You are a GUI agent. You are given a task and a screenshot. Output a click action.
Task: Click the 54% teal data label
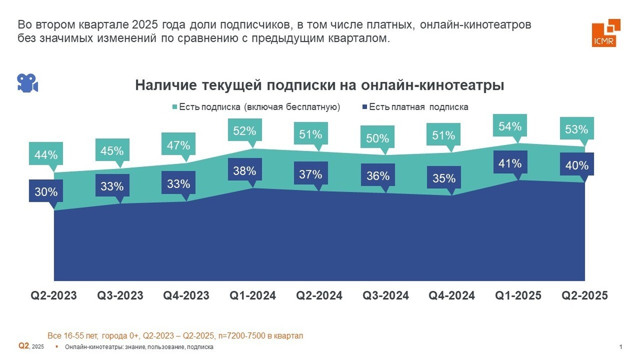[x=510, y=127]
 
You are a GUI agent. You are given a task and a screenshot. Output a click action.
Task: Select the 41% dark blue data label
[x=510, y=163]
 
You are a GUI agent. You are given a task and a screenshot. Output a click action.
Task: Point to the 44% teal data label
[x=46, y=156]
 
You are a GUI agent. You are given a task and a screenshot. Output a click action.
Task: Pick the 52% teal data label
[x=245, y=130]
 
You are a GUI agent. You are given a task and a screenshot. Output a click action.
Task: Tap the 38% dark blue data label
[x=245, y=171]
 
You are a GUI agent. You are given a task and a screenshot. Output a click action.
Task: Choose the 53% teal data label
[x=576, y=130]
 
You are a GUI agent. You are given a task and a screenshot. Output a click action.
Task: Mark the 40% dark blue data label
[x=576, y=166]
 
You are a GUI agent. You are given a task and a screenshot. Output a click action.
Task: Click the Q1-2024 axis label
[x=252, y=295]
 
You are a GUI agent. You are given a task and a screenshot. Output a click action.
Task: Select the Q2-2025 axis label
[x=585, y=295]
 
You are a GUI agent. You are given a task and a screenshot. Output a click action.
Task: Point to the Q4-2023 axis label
[x=186, y=295]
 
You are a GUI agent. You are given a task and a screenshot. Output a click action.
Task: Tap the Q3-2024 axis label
[x=386, y=295]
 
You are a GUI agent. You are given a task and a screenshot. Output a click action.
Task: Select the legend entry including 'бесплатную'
[x=259, y=107]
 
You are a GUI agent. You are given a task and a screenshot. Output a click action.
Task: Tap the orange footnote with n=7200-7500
[x=175, y=336]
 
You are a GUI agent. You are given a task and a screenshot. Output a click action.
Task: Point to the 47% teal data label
[x=179, y=145]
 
